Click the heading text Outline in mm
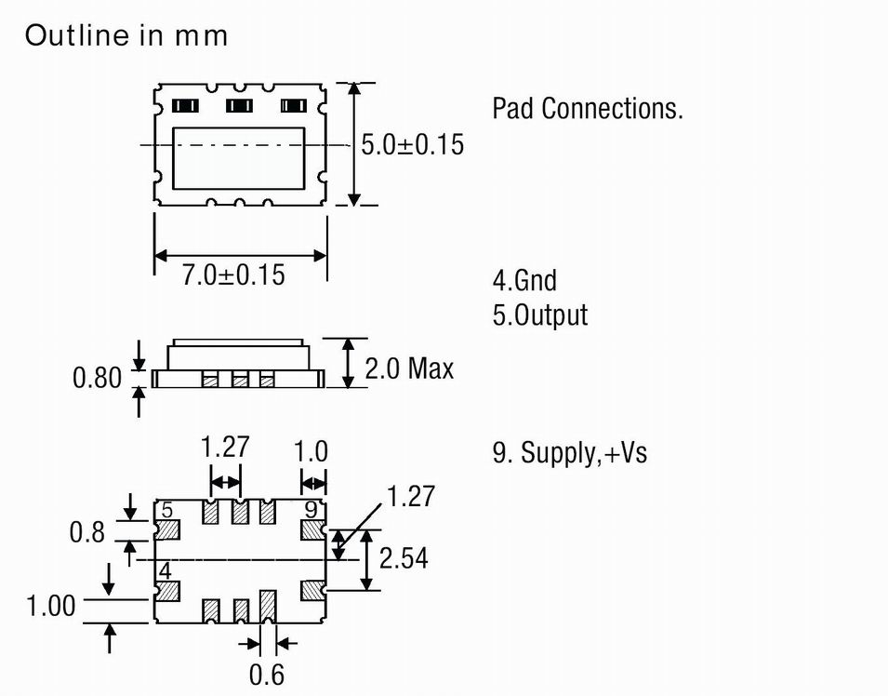[x=126, y=36]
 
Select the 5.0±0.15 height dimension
[x=412, y=145]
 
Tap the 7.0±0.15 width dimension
[x=232, y=275]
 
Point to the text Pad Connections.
[x=588, y=108]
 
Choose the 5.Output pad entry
[x=540, y=315]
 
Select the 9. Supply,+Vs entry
[x=569, y=453]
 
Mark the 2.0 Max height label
[x=409, y=369]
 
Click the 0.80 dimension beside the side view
[x=97, y=378]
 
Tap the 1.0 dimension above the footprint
[x=311, y=451]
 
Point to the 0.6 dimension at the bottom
[x=267, y=675]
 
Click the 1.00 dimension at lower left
[x=50, y=607]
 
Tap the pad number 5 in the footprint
[x=167, y=510]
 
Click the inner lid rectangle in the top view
[x=240, y=158]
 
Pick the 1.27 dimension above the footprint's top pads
[x=226, y=448]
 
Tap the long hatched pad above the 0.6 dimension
[x=269, y=606]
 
